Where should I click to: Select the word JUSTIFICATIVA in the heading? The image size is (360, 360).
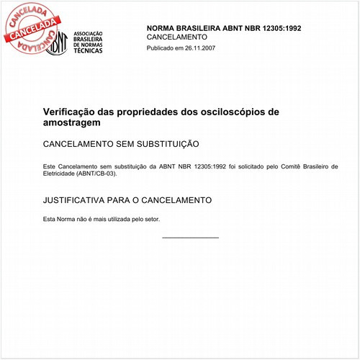pos(78,199)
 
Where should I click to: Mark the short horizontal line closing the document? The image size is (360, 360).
pos(190,237)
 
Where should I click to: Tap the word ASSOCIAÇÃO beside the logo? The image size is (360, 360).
pos(90,34)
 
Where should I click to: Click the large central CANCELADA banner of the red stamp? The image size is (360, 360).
pos(31,30)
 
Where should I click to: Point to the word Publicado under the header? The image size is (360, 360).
pos(161,48)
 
